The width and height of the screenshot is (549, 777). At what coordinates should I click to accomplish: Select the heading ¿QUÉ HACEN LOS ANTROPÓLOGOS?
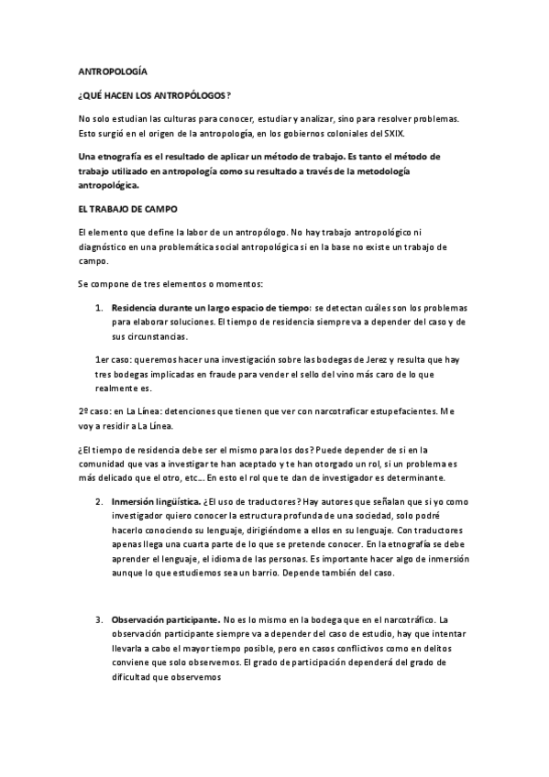click(x=154, y=95)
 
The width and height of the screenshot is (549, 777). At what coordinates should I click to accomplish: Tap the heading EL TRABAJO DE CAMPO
click(x=128, y=209)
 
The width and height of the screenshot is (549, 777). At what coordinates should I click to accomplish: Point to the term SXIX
click(x=391, y=133)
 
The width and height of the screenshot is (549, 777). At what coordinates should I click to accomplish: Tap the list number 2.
click(x=99, y=501)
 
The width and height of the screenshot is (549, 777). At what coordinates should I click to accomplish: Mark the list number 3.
click(x=99, y=618)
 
